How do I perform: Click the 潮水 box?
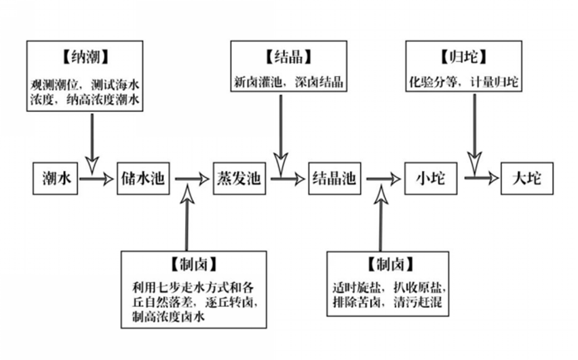(55, 180)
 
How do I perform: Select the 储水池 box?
(143, 180)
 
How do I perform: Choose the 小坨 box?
(430, 180)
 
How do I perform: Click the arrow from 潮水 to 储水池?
(96, 180)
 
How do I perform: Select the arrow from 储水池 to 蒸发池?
(193, 180)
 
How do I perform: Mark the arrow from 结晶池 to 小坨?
(384, 180)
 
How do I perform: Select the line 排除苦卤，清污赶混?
(388, 302)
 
